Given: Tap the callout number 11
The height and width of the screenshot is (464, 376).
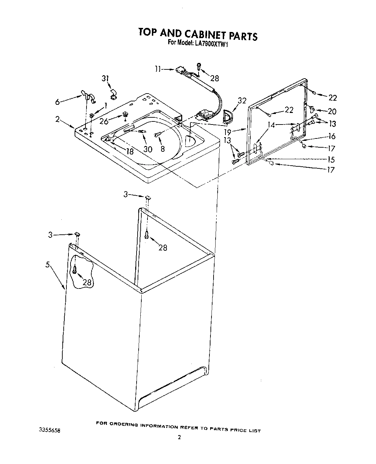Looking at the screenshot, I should (x=157, y=69).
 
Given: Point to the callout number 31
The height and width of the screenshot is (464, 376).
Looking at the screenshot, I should (x=106, y=79).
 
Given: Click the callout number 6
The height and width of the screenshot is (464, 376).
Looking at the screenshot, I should (x=58, y=102).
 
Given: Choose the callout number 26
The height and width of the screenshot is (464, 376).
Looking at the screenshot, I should (x=104, y=121).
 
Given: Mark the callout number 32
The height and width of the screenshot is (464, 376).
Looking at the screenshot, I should (x=242, y=101).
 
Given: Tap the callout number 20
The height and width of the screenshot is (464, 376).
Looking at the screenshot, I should (x=332, y=111).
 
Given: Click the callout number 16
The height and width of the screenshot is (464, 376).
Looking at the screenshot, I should (x=332, y=136).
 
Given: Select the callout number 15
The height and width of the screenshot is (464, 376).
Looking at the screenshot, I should (x=331, y=159).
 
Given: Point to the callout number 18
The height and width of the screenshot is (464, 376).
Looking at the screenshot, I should (x=130, y=152).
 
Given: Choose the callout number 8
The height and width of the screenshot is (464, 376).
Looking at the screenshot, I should (x=162, y=149).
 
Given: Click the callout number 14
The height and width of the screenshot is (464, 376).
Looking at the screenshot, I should (x=271, y=125).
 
